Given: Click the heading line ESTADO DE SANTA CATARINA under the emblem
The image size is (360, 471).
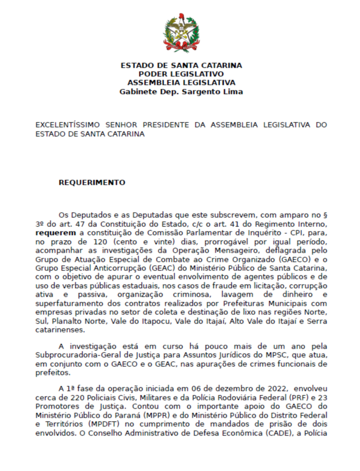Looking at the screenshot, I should point(181,65).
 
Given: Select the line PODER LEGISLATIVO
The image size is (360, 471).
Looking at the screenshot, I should point(181,74).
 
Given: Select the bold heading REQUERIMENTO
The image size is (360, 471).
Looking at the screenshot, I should point(92,183).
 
